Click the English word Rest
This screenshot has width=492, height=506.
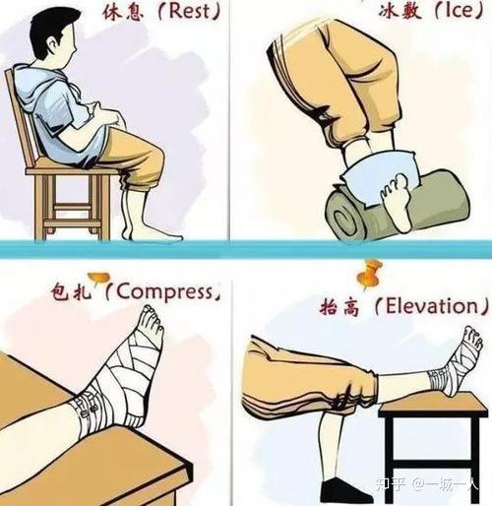tap(189, 11)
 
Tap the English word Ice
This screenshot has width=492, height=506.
tap(459, 11)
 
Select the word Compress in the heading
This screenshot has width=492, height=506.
tap(164, 291)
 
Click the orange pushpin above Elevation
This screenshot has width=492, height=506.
tap(370, 275)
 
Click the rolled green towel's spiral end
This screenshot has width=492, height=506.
tap(341, 218)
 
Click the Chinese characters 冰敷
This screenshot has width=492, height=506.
tap(400, 12)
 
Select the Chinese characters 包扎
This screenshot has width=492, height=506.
tap(71, 292)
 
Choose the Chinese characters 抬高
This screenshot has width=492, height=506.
tap(339, 307)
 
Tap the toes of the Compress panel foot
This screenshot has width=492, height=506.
tap(152, 318)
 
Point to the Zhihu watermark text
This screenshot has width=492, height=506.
tap(426, 483)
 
